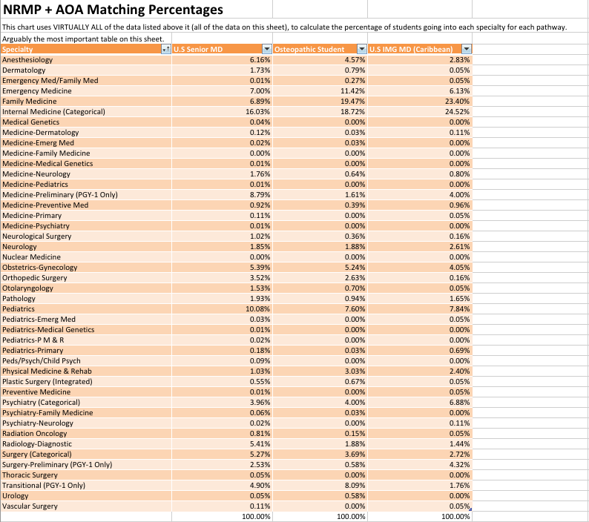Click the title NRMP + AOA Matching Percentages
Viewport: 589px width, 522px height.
click(x=113, y=10)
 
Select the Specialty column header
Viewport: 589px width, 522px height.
click(x=18, y=49)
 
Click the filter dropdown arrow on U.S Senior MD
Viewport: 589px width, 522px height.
click(x=267, y=49)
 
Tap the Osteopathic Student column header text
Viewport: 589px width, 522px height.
click(x=309, y=49)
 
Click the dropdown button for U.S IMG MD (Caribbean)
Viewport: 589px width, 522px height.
click(x=466, y=49)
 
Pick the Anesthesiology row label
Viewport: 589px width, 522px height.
click(x=27, y=60)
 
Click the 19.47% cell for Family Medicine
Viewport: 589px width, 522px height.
click(x=355, y=102)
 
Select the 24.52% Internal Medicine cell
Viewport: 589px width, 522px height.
click(x=459, y=111)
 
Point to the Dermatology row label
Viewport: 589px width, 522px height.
click(x=24, y=70)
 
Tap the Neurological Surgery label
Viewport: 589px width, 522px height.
click(x=37, y=237)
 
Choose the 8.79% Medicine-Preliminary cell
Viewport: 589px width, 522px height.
click(x=260, y=194)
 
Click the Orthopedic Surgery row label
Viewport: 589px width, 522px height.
click(x=35, y=278)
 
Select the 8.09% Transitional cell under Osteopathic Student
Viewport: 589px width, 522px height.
click(x=355, y=485)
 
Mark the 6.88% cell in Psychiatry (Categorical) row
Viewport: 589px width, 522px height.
click(x=459, y=402)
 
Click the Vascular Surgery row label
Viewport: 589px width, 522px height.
click(x=30, y=506)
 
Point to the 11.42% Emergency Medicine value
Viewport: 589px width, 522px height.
click(x=355, y=91)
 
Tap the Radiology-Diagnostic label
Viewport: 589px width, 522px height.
click(x=37, y=444)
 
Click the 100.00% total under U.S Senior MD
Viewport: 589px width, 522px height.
click(x=256, y=516)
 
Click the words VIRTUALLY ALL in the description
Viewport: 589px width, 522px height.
click(x=79, y=27)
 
